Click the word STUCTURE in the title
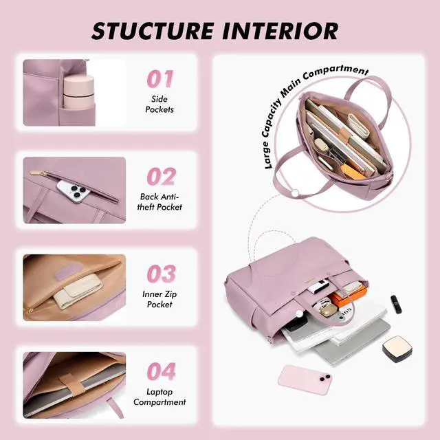click(x=153, y=31)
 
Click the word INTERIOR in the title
click(x=280, y=31)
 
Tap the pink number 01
click(x=160, y=79)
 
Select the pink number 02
click(x=162, y=177)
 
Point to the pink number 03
click(x=162, y=274)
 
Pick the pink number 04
click(x=162, y=371)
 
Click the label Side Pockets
click(x=159, y=104)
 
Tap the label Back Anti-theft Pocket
click(x=159, y=201)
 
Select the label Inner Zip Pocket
click(x=159, y=299)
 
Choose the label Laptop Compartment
click(x=159, y=397)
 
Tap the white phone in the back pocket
click(x=74, y=192)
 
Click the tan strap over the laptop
click(x=72, y=384)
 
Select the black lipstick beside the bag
click(x=396, y=304)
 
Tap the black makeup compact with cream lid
click(x=397, y=349)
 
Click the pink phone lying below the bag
click(x=305, y=380)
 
